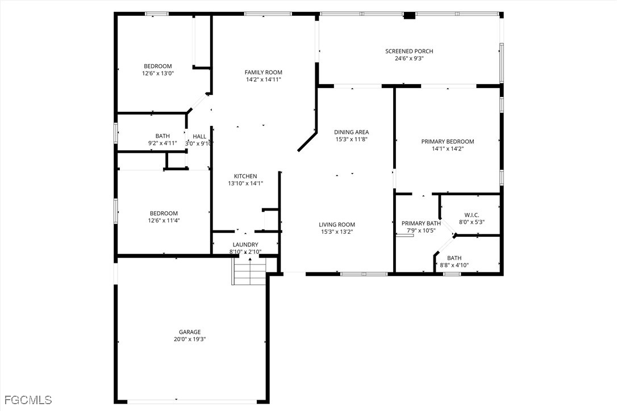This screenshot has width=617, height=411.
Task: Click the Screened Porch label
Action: [409, 51]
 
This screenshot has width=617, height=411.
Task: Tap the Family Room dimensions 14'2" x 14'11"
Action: [264, 79]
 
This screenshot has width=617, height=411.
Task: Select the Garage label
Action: [190, 332]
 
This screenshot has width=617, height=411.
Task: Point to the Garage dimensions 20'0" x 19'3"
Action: [190, 339]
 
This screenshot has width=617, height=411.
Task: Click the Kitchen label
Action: [245, 176]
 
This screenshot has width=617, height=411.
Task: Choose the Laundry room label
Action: [245, 245]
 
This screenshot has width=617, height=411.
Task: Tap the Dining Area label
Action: [351, 132]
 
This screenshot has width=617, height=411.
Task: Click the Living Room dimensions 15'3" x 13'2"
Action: [337, 232]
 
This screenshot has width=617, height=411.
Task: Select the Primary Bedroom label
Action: [448, 141]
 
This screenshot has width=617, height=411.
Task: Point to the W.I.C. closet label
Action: [472, 215]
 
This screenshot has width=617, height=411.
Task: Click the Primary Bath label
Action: [421, 224]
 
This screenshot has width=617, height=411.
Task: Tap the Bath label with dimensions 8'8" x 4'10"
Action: [454, 258]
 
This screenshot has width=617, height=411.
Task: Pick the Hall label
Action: [199, 136]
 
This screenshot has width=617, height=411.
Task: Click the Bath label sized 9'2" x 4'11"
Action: [162, 136]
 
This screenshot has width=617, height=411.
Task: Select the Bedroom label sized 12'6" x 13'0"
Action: [158, 66]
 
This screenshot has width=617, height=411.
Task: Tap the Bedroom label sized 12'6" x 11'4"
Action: [164, 213]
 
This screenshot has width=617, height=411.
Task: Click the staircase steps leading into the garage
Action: [249, 271]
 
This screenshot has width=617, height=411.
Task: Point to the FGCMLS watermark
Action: [26, 400]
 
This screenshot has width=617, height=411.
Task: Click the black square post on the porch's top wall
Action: [410, 16]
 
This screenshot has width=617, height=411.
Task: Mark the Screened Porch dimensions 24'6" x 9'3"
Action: [409, 58]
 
